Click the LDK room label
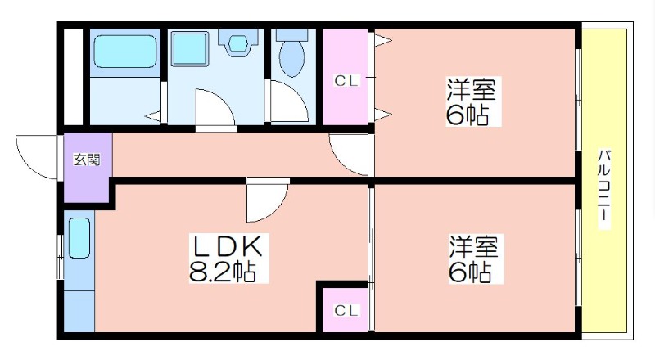pyautogui.click(x=227, y=246)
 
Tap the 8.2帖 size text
pyautogui.click(x=222, y=272)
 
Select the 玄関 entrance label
pyautogui.click(x=87, y=160)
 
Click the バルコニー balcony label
pyautogui.click(x=603, y=189)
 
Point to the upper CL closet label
pyautogui.click(x=346, y=81)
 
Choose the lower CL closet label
pyautogui.click(x=346, y=310)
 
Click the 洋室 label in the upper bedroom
pyautogui.click(x=472, y=89)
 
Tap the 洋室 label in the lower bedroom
pyautogui.click(x=474, y=246)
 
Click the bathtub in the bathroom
pyautogui.click(x=125, y=51)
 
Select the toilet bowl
pyautogui.click(x=292, y=58)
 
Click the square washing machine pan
pyautogui.click(x=190, y=48)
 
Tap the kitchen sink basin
pyautogui.click(x=79, y=238)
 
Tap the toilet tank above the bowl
pyautogui.click(x=292, y=35)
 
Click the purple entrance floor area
pyautogui.click(x=88, y=167)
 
